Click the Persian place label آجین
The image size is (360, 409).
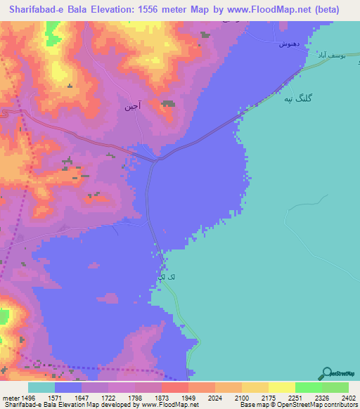pos(133,107)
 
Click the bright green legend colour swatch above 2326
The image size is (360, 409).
pos(308,387)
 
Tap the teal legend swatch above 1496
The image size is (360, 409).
pos(41,387)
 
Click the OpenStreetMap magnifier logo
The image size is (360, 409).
pos(326,373)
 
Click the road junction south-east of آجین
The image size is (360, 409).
pos(157,160)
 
